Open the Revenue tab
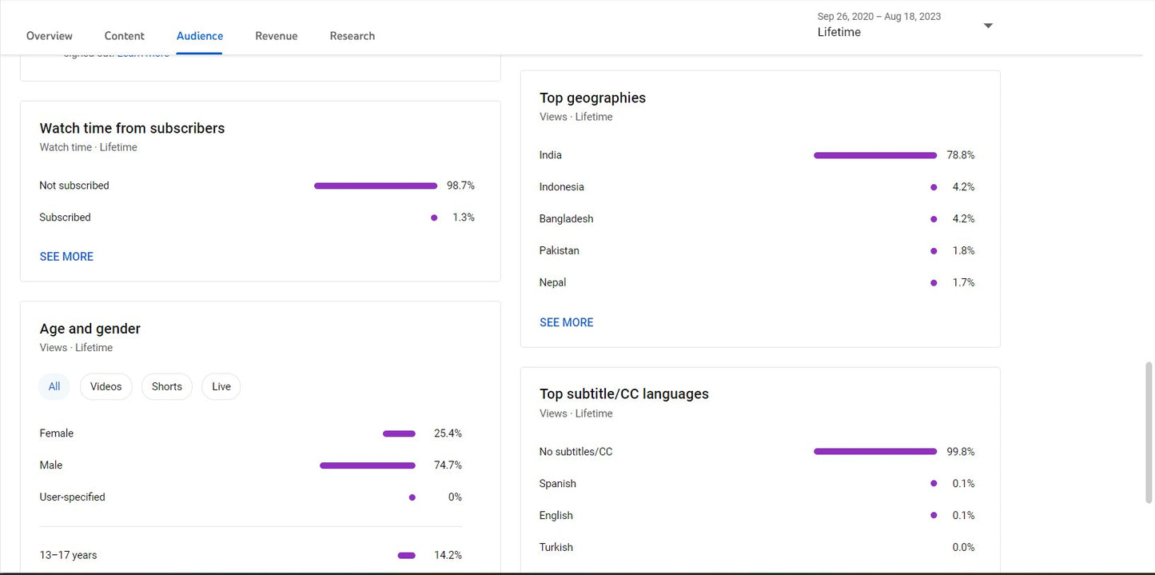[276, 36]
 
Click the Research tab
[352, 36]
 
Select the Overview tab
[50, 36]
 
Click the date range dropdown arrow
[988, 26]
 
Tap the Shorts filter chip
[166, 386]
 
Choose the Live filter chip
[221, 386]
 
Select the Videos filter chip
[106, 386]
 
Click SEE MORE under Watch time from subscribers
[66, 257]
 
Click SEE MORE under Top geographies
[566, 322]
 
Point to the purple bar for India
[874, 155]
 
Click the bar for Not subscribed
[375, 186]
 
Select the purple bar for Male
[367, 465]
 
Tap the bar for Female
[399, 433]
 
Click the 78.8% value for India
[960, 155]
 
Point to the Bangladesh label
[566, 218]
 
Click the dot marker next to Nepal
[934, 282]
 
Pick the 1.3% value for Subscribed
[463, 218]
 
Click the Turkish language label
[556, 547]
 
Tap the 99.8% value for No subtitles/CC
[960, 452]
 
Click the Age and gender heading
[90, 329]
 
